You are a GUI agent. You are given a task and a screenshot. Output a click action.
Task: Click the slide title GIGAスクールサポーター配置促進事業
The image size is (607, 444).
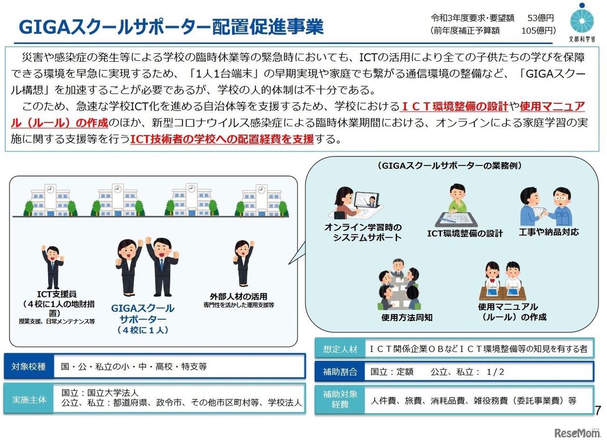[171, 27]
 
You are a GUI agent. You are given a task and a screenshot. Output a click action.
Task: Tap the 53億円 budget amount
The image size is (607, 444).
[541, 18]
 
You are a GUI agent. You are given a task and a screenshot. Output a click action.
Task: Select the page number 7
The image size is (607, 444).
[598, 410]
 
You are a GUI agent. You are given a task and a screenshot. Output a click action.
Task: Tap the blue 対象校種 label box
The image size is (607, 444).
[29, 367]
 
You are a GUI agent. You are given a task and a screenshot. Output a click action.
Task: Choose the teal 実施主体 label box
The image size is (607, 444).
[29, 399]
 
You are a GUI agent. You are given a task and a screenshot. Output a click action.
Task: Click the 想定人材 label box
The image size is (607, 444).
[340, 349]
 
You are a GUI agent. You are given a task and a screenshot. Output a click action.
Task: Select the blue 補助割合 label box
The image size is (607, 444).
[340, 372]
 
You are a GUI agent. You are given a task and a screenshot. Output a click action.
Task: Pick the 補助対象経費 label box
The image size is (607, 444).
[340, 399]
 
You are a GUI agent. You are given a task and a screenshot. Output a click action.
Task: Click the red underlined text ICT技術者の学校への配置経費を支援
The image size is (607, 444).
[222, 139]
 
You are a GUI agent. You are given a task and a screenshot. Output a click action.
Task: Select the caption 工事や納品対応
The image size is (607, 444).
[548, 232]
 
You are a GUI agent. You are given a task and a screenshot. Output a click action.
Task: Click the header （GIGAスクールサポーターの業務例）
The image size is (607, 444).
[449, 166]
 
